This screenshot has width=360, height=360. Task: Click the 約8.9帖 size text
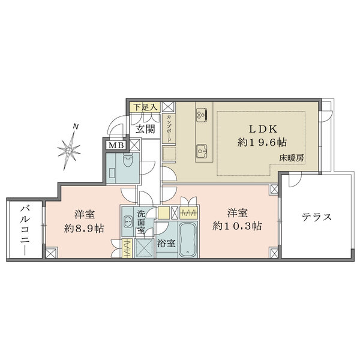[x=83, y=227]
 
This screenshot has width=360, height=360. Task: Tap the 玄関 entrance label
[x=145, y=129]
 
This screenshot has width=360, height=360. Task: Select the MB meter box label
[x=116, y=145]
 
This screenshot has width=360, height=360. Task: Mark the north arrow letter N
[x=75, y=127]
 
